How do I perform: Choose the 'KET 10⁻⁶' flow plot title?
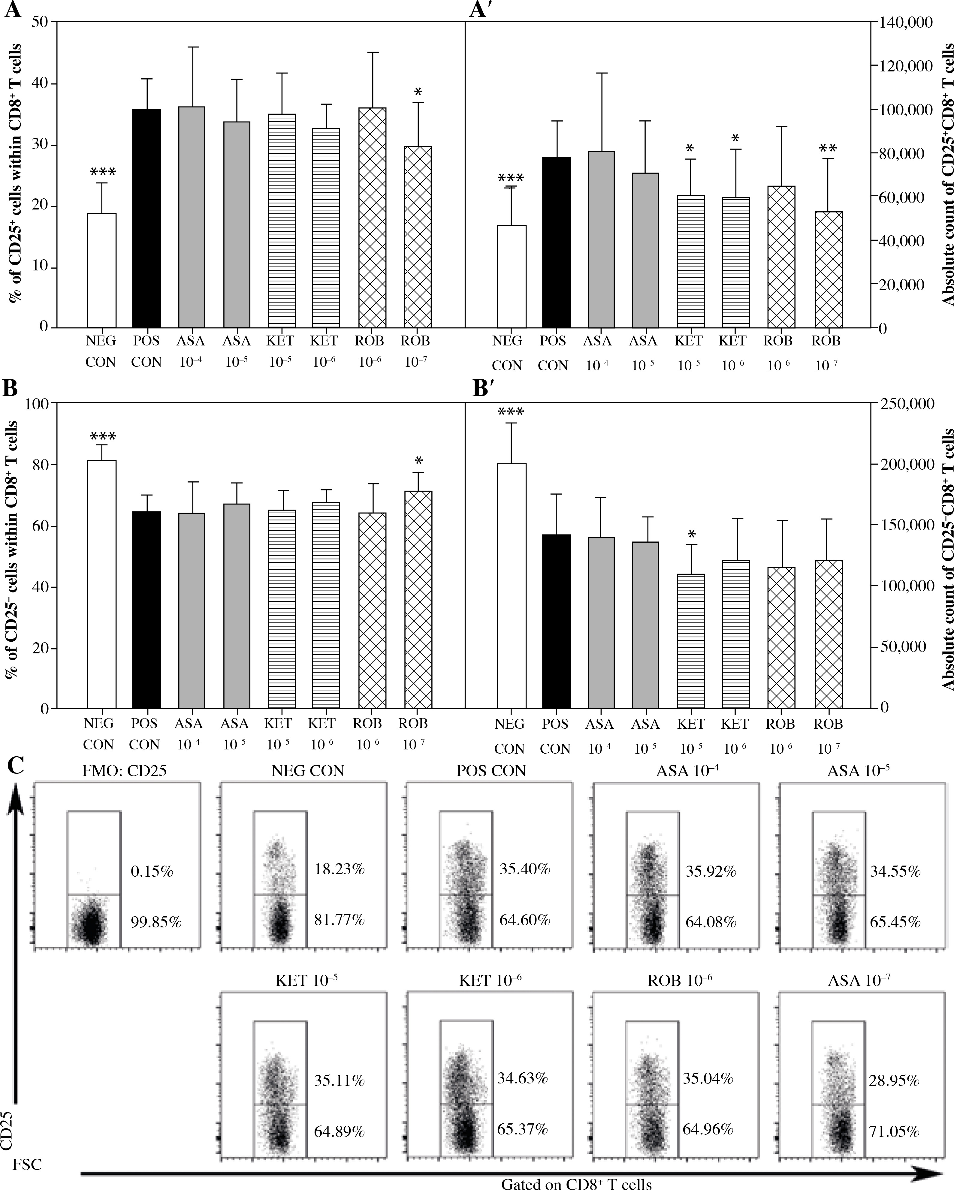[x=490, y=980]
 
